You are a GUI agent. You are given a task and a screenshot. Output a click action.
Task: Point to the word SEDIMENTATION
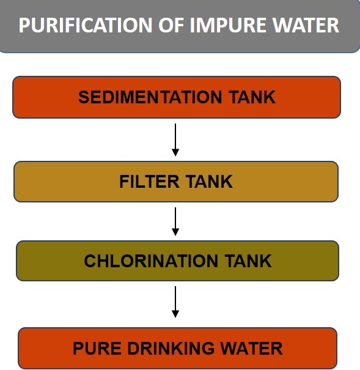point(150,97)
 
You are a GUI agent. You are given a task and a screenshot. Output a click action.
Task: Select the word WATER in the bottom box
point(251,349)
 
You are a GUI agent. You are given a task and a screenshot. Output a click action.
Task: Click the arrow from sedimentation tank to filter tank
point(175,139)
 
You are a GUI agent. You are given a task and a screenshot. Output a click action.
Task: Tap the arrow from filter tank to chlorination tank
point(175,221)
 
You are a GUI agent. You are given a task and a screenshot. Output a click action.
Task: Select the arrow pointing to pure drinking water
point(175,302)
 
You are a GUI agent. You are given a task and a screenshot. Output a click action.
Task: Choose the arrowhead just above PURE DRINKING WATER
point(175,314)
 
